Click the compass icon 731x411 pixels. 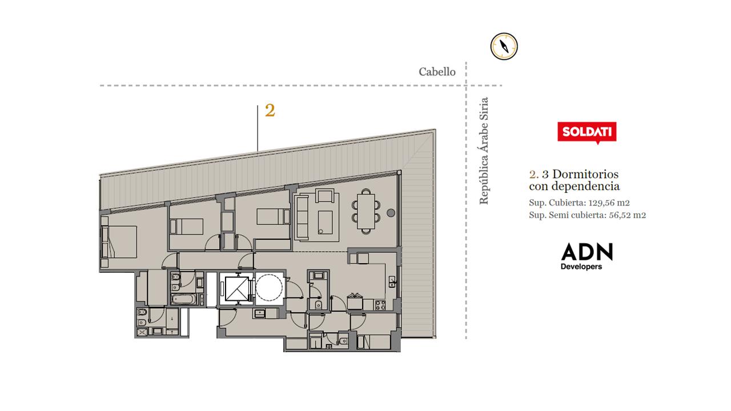[x=504, y=46]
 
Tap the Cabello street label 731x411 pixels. [x=437, y=72]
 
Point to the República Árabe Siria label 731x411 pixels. [x=484, y=151]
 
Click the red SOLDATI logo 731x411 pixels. [x=587, y=132]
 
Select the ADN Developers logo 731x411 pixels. [x=587, y=256]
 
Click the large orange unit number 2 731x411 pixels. [x=270, y=110]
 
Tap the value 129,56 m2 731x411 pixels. [x=609, y=203]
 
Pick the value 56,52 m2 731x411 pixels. [x=627, y=215]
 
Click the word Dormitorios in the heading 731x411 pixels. [x=585, y=174]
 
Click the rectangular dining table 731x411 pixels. [x=366, y=211]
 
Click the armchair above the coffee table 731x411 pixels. [x=324, y=196]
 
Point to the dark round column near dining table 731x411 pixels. [x=391, y=213]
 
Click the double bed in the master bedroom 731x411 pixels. [x=119, y=242]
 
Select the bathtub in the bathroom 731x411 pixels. [x=184, y=299]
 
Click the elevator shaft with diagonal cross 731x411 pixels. [x=237, y=289]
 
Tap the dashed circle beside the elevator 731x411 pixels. [x=269, y=288]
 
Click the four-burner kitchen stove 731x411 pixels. [x=380, y=305]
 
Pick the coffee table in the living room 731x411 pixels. [x=326, y=223]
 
